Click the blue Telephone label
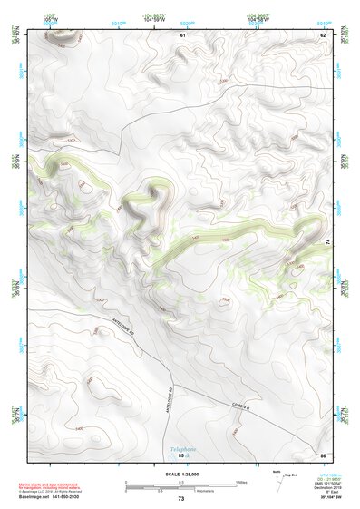coord(182,448)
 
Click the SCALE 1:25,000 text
coord(180,475)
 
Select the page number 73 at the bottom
coord(180,499)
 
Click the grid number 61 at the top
coord(182,34)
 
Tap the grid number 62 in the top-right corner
coord(322,34)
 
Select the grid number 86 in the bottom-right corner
coord(322,454)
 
